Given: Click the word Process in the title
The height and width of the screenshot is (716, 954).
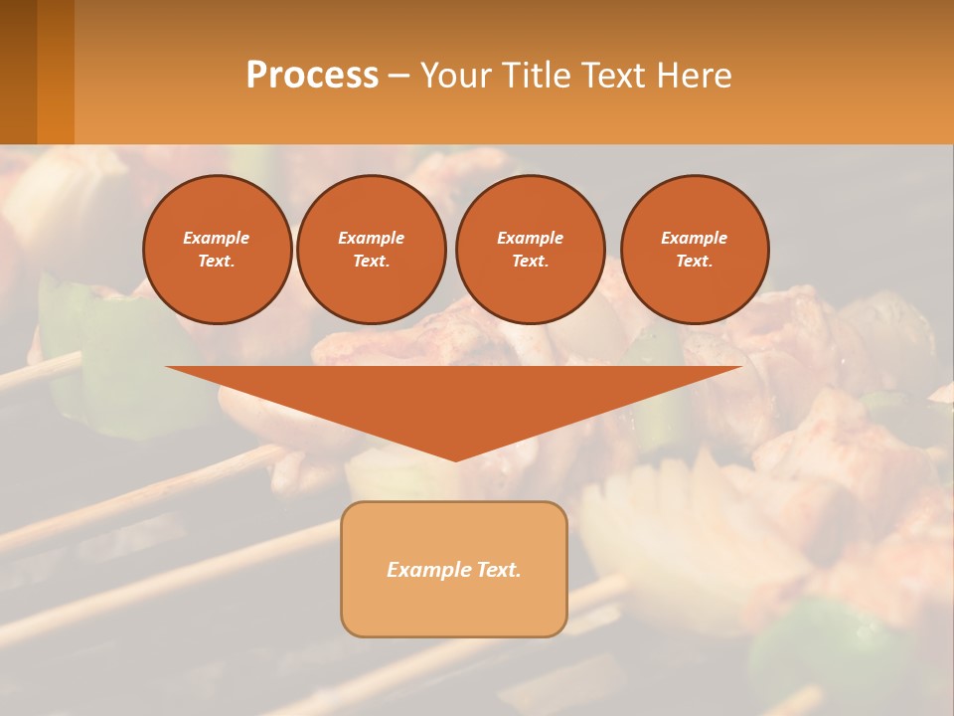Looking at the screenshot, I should (312, 76).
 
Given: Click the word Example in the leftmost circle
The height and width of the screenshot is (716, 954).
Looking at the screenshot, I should (217, 238).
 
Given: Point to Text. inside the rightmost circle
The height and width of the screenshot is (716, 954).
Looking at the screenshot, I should (695, 262).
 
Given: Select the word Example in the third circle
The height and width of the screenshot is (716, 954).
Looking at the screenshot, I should (530, 238).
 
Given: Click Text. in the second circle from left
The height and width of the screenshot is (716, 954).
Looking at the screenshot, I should (372, 262).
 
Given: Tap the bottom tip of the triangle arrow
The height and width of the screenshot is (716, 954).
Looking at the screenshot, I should (455, 457).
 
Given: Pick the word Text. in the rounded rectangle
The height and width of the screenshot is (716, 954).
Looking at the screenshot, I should (498, 570).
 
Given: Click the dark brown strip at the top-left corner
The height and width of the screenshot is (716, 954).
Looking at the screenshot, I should (18, 72).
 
